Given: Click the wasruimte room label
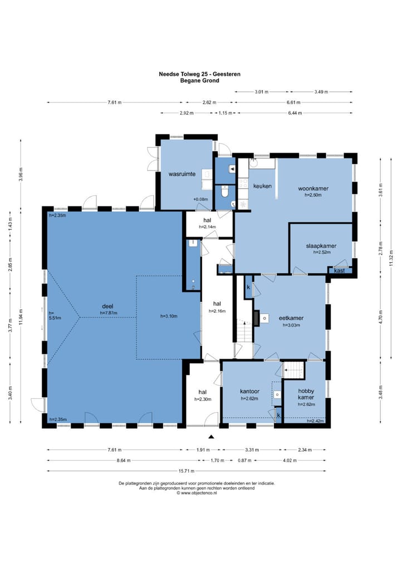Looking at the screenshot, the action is click(182, 174).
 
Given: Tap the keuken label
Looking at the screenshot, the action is click(262, 186).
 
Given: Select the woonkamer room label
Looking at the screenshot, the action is click(313, 188).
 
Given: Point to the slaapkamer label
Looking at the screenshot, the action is click(321, 246).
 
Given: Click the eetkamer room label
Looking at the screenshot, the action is click(291, 318).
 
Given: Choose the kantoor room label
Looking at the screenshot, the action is click(250, 391).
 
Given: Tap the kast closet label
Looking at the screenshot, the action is click(339, 271).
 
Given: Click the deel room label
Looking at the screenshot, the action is click(107, 306).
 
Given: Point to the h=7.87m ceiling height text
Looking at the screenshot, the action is click(109, 313).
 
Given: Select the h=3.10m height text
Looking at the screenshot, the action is click(169, 316).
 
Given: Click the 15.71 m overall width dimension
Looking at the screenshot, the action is click(187, 471).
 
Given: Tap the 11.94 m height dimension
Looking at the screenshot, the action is click(21, 317).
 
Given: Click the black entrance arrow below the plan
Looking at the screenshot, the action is click(212, 437).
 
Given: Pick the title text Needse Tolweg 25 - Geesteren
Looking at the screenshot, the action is click(199, 74).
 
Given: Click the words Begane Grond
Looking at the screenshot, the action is click(199, 81).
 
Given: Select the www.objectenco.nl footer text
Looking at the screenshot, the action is click(198, 492).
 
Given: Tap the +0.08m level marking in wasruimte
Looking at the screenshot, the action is click(200, 199).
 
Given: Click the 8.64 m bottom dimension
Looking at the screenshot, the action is click(124, 460).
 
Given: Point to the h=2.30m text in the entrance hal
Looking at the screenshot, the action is click(203, 399).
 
